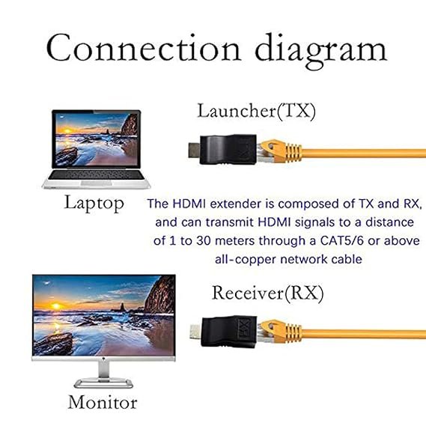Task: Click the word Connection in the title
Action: (x=144, y=48)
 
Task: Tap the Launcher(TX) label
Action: (x=256, y=111)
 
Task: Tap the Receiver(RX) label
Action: (x=267, y=293)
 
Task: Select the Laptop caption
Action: (x=94, y=203)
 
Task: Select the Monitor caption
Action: (x=103, y=402)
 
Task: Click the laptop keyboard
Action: (x=97, y=175)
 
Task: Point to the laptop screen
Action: (x=97, y=139)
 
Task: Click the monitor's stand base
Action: (x=103, y=383)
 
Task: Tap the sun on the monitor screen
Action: (x=55, y=306)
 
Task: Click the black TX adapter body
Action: (x=228, y=149)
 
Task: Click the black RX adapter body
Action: (x=229, y=332)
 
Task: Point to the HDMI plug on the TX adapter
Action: (x=195, y=150)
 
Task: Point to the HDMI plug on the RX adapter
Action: (x=195, y=332)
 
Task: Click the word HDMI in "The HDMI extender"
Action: (x=189, y=204)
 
